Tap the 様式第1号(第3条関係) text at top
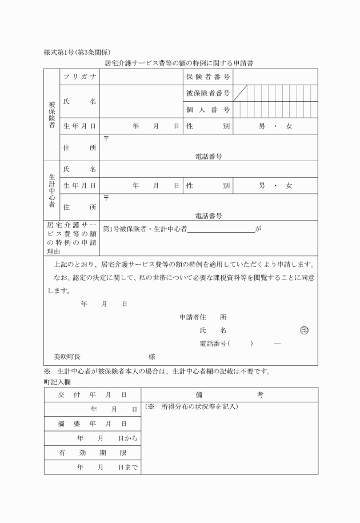tap(81, 52)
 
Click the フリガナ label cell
tap(79, 77)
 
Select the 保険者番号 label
tap(208, 77)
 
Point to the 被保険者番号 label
tap(208, 93)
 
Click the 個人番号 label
tap(208, 109)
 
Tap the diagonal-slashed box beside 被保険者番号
tap(239, 93)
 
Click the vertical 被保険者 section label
tap(51, 114)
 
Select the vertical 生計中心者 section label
tap(51, 191)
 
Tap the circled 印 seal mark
tap(304, 330)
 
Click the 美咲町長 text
tap(67, 357)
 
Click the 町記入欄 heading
tap(57, 381)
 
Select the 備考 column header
tap(229, 394)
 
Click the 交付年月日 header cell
tap(92, 394)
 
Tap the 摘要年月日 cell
tap(92, 424)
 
